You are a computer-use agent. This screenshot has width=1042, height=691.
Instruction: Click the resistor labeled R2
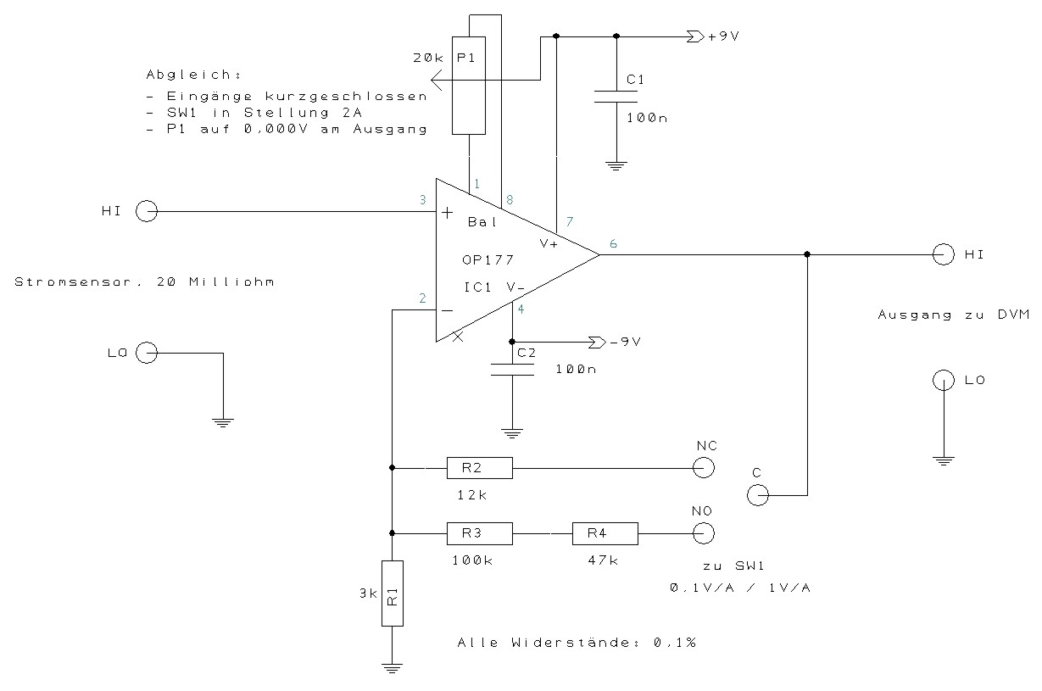(x=479, y=467)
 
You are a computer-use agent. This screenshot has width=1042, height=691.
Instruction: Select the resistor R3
(x=479, y=533)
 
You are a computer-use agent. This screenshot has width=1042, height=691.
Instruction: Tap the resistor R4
(x=605, y=533)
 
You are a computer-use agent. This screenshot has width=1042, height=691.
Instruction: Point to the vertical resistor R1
(x=392, y=593)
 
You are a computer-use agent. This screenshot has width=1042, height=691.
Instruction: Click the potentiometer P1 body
(x=469, y=86)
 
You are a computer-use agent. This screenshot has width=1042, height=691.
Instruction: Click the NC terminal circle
(x=703, y=467)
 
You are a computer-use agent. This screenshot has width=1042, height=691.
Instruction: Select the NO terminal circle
(x=703, y=533)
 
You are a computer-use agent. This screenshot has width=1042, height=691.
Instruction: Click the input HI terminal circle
(x=146, y=212)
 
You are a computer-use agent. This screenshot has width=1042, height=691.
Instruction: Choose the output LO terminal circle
(x=942, y=380)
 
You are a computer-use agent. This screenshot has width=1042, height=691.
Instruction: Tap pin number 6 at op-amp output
(x=613, y=244)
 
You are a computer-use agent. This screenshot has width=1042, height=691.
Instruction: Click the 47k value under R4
(x=601, y=560)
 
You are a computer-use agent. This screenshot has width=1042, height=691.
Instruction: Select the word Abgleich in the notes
(x=179, y=74)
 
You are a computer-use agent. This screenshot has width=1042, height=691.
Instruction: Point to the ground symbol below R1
(x=392, y=667)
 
